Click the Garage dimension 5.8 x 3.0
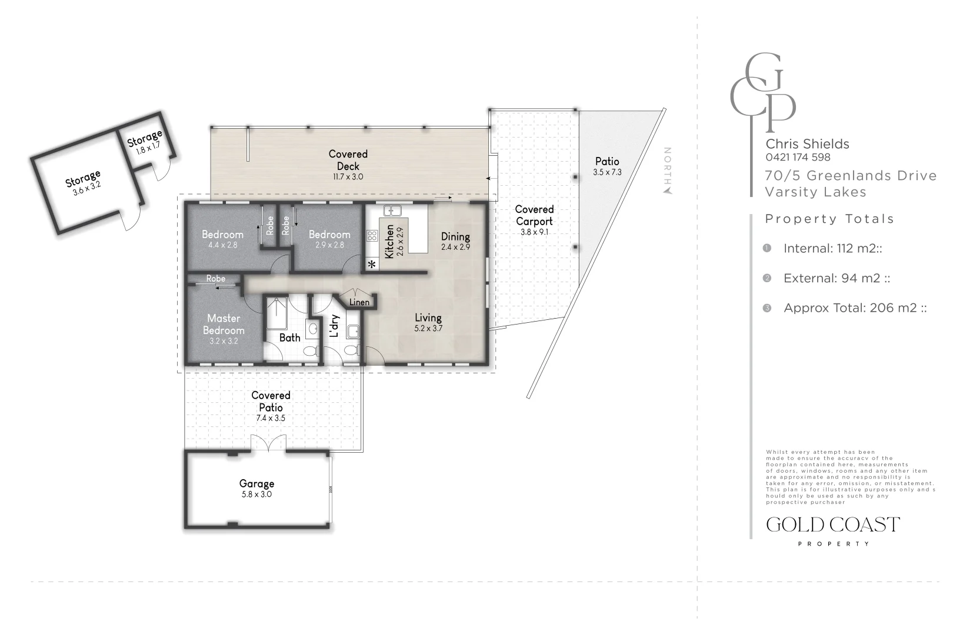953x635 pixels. pos(256,494)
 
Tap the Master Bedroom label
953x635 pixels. pos(224,324)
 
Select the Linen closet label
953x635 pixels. pos(359,302)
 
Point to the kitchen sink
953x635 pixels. pos(392,210)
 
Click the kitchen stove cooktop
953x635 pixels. pos(372,236)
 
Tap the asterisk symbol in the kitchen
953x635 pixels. pos(372,265)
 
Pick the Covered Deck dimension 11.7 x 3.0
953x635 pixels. pos(348,177)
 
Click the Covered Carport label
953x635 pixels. pos(534,215)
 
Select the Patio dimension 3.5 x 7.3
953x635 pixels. pos(607,172)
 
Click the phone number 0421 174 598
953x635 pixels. pos(798,158)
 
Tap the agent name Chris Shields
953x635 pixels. pos(808,144)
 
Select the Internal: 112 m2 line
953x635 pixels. pos(833,248)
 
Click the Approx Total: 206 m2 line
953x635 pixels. pos(855,308)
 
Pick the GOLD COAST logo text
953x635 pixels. pos(833,525)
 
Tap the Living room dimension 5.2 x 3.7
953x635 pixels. pos(428,328)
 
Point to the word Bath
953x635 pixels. pos(290,337)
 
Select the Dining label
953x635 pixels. pos(455,236)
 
